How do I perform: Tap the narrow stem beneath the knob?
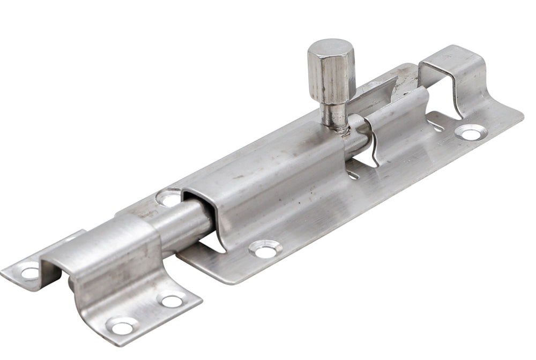click(x=333, y=112)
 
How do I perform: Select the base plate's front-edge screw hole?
click(x=265, y=249)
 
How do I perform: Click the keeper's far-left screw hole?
click(x=29, y=272)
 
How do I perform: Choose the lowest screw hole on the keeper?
click(x=122, y=325)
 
